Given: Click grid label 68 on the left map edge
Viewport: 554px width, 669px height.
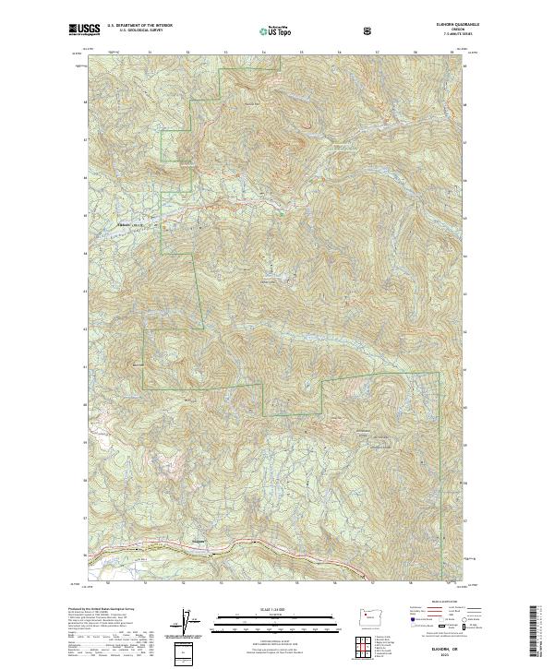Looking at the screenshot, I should coord(86,102).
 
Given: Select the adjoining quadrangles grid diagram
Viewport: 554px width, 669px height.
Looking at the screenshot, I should coord(370,644).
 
